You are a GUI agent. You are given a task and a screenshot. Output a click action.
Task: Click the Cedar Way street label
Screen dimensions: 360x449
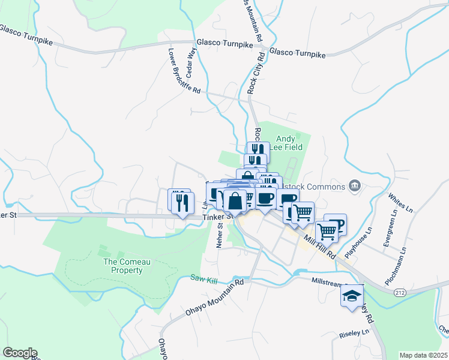point(191,62)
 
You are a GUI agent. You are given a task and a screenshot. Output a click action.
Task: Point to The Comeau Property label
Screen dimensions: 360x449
point(123,266)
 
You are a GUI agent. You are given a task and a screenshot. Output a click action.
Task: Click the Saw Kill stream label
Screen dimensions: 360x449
point(202,278)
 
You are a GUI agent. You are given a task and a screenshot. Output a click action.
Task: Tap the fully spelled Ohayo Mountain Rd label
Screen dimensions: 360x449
point(215,298)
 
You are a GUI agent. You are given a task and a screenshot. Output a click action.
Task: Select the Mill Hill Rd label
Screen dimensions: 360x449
point(319,247)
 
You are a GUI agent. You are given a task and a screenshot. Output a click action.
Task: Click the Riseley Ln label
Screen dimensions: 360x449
point(354,332)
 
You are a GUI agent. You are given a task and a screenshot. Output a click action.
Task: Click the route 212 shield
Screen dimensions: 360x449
point(399,292)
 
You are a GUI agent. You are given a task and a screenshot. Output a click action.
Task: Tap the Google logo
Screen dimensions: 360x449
point(19,353)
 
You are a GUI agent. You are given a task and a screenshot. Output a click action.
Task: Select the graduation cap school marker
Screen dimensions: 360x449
point(351,295)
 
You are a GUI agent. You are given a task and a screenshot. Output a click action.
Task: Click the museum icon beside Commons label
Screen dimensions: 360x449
point(354,185)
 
